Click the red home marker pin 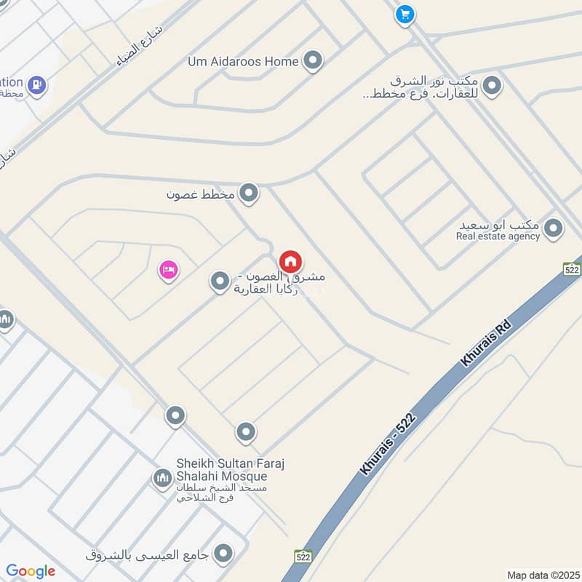pyautogui.click(x=290, y=261)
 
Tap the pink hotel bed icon pyautogui.click(x=169, y=271)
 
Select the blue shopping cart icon pyautogui.click(x=404, y=14)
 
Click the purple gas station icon pyautogui.click(x=35, y=85)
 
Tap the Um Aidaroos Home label pyautogui.click(x=243, y=61)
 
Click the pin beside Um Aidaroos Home pyautogui.click(x=313, y=61)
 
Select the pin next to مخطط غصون pyautogui.click(x=250, y=194)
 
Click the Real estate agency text pyautogui.click(x=498, y=236)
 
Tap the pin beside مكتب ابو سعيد pyautogui.click(x=554, y=229)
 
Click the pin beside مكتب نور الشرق pyautogui.click(x=493, y=87)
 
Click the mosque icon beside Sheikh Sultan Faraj pyautogui.click(x=162, y=478)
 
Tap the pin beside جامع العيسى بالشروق pyautogui.click(x=226, y=554)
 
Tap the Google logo pyautogui.click(x=31, y=571)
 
